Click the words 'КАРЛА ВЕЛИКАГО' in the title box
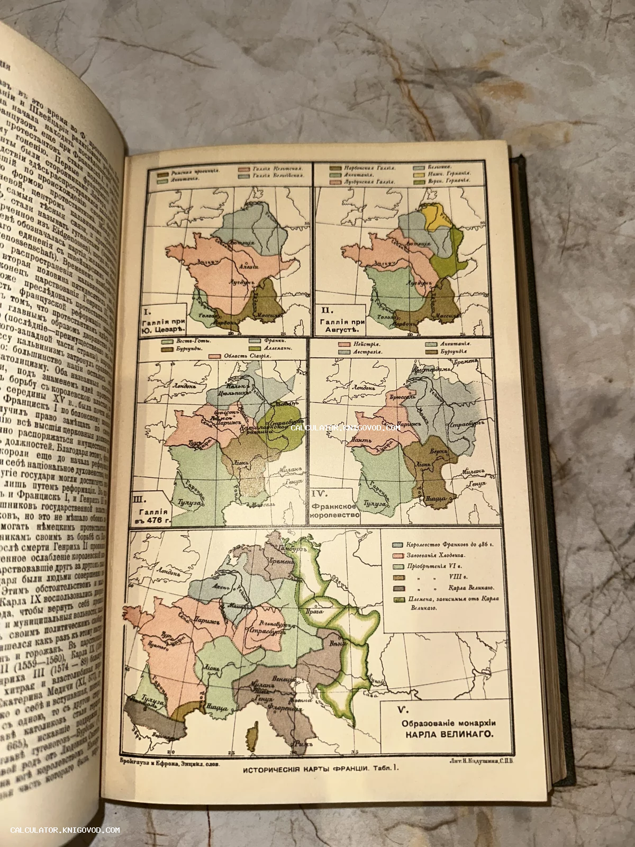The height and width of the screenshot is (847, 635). (x=440, y=734)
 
